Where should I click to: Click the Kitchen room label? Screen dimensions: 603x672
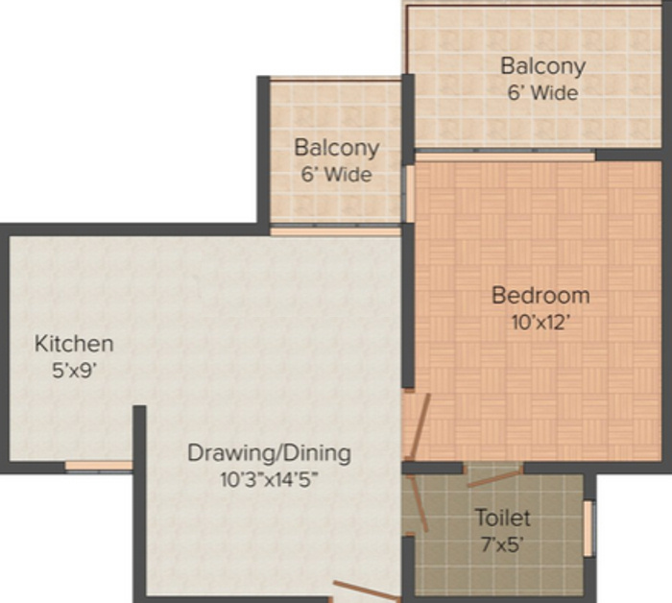click(x=74, y=343)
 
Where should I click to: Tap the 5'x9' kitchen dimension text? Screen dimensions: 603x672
click(x=74, y=368)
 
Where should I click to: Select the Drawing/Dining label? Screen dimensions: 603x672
click(x=269, y=452)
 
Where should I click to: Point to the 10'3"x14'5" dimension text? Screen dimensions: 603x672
click(x=268, y=478)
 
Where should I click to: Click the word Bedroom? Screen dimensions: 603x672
click(x=540, y=295)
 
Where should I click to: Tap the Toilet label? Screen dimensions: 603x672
click(x=502, y=519)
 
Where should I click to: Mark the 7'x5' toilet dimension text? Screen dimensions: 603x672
click(x=501, y=545)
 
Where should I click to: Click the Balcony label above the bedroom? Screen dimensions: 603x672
click(x=542, y=66)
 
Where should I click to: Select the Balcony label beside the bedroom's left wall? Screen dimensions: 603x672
click(x=336, y=149)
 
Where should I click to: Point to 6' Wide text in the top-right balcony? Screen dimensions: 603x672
click(x=542, y=93)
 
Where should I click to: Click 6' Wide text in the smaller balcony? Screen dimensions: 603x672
click(x=336, y=175)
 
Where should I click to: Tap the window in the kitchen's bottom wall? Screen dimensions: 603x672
click(x=98, y=467)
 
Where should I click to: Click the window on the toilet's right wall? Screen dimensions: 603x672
click(x=588, y=528)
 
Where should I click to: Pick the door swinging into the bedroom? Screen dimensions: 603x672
click(x=413, y=427)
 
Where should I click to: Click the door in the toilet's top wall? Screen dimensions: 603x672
click(x=493, y=474)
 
